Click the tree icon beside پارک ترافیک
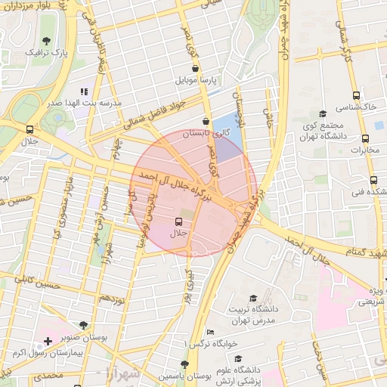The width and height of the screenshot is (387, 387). point(48,41)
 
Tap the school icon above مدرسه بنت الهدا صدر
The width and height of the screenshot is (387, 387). point(83,91)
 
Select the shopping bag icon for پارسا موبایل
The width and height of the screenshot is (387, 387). point(195,68)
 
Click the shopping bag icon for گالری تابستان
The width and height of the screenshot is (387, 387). point(206,121)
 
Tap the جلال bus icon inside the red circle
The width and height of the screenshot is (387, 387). point(179,221)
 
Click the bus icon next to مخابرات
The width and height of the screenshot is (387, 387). point(366,138)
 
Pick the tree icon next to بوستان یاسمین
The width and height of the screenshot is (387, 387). point(184,364)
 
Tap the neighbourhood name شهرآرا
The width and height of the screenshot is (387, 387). point(119,373)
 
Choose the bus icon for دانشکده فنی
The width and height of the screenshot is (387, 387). point(373,180)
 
